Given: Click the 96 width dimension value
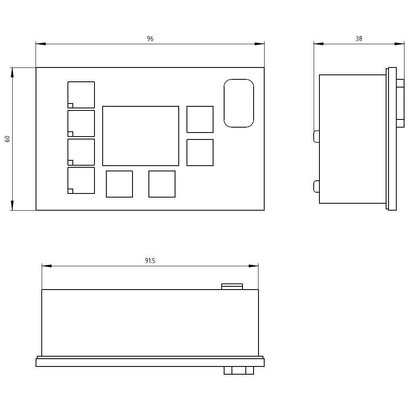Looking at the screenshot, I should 150,39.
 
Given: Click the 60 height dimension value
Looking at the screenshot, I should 7,139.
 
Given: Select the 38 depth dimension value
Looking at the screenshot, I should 359,39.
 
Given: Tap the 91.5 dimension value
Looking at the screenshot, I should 150,261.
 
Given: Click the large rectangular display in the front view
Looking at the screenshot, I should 140,136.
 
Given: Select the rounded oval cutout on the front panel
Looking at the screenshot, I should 239,103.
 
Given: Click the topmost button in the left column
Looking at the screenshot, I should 81,95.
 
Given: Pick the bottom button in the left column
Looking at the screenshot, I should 81,180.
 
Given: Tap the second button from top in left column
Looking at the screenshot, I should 81,124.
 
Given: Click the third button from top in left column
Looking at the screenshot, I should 81,152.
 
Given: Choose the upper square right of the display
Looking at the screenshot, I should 200,119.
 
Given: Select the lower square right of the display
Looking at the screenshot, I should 200,153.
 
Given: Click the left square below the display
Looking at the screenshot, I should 119,184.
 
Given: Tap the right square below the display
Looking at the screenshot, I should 162,184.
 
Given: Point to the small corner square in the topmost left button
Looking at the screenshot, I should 70,106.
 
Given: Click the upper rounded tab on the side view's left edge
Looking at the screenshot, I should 316,136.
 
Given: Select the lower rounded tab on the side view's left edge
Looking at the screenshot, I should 316,186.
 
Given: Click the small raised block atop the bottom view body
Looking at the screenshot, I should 232,286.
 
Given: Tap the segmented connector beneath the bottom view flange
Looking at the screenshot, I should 239,371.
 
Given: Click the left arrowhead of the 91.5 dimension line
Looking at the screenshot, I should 46,266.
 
